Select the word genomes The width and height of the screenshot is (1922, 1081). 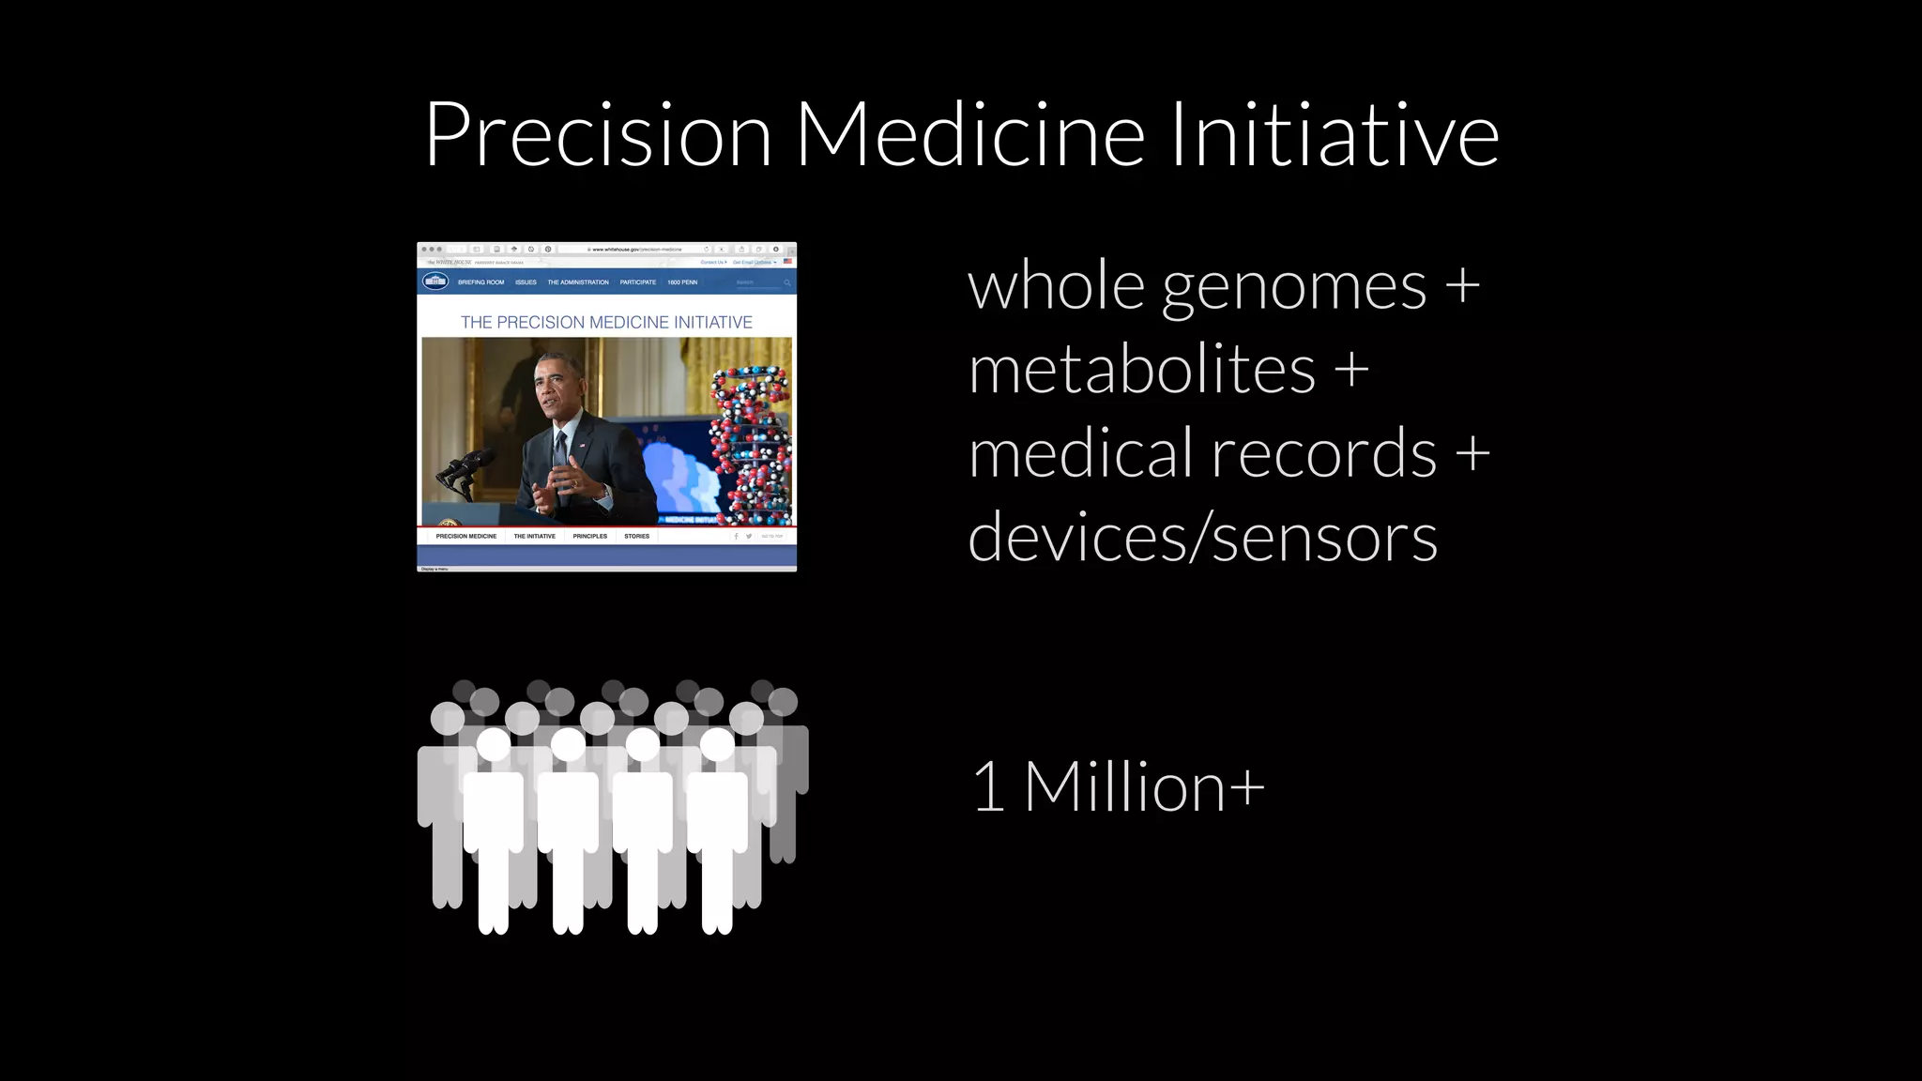[1294, 286]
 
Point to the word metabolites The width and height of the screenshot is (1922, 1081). [1141, 370]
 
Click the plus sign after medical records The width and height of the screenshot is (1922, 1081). [1472, 453]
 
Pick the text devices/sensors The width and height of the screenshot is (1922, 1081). [1202, 538]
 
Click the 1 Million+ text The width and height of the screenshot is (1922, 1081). [1118, 786]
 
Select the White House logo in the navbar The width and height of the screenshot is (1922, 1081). [435, 282]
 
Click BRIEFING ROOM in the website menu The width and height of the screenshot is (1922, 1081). [480, 282]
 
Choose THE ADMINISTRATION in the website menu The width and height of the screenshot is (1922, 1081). [578, 282]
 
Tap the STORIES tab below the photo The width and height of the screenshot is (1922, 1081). [636, 536]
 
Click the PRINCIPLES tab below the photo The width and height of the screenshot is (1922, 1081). [589, 536]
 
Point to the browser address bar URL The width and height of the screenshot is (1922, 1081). [636, 250]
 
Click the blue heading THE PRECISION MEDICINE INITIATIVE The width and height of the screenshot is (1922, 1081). [606, 322]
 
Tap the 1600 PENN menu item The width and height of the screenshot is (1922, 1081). [682, 282]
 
